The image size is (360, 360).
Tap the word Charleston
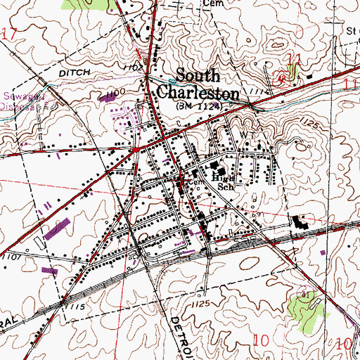(x=208, y=92)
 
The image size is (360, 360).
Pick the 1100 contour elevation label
(x=112, y=93)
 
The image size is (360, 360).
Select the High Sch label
(x=224, y=183)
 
